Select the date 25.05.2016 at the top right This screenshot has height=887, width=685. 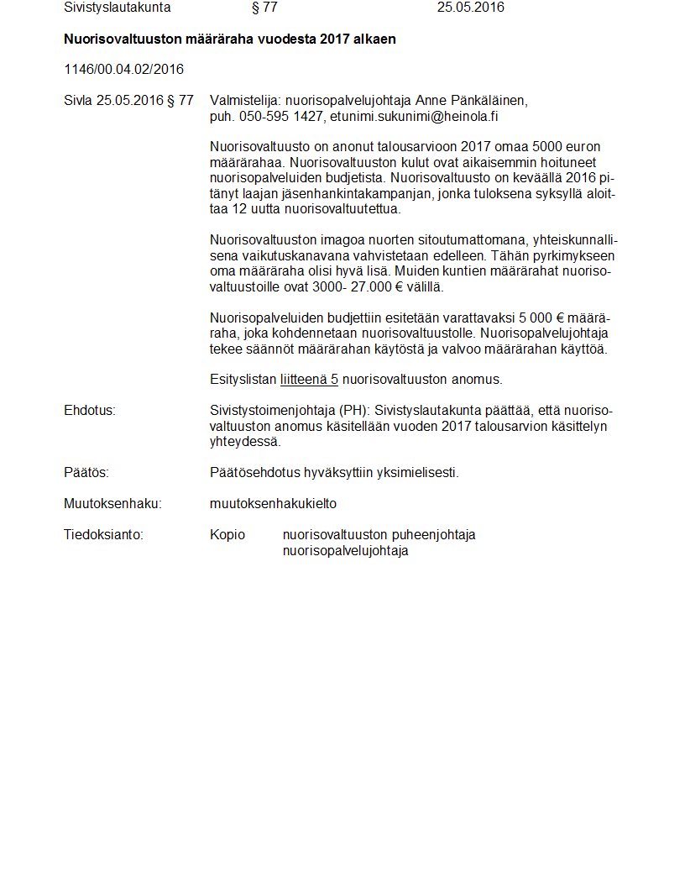[470, 8]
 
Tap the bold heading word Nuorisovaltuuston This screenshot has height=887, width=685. [123, 39]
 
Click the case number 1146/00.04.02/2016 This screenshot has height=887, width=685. [123, 69]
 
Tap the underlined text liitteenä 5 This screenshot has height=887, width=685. [309, 380]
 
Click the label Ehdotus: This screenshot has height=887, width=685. [90, 411]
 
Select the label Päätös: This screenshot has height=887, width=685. [86, 473]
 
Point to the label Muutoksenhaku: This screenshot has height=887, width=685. [112, 504]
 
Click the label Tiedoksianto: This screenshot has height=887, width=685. [104, 535]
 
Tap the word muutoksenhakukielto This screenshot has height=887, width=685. [273, 504]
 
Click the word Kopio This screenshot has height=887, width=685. [227, 535]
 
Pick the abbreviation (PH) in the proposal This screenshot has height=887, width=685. [354, 411]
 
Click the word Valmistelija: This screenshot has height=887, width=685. [245, 101]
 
